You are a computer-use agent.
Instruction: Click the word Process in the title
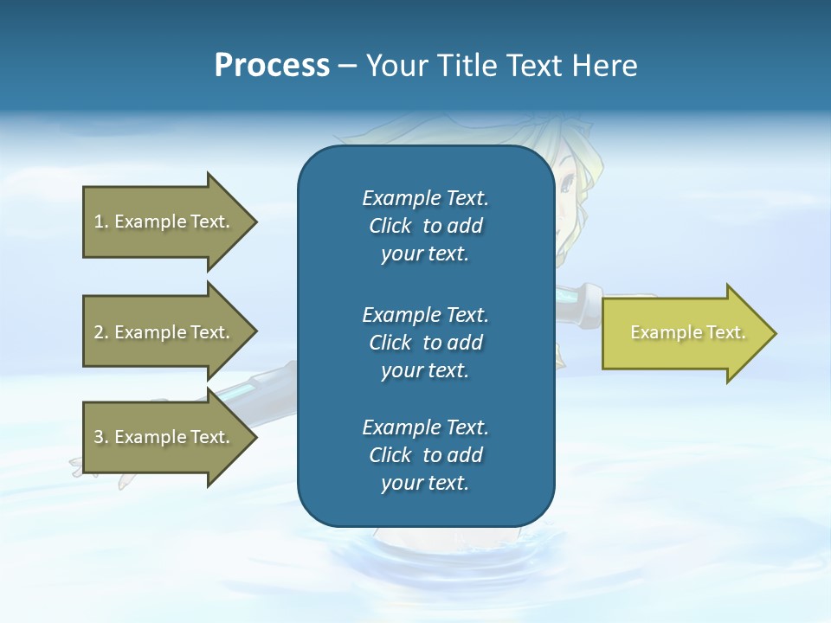coord(272,66)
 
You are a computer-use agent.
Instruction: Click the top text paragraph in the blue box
coord(425,226)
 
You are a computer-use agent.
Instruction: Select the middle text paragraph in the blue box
coord(425,343)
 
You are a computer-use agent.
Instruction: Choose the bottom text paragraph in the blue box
coord(425,455)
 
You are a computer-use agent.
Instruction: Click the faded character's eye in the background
coord(567,183)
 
